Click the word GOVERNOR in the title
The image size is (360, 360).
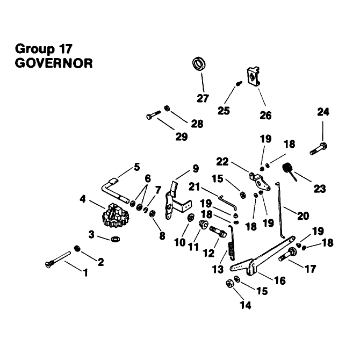point(54,63)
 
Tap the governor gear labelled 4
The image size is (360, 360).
point(116,215)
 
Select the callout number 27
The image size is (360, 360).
point(203,98)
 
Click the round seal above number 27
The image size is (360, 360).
point(199,64)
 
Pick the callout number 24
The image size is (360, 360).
point(323,112)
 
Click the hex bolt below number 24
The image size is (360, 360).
point(319,148)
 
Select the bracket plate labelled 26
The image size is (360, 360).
point(253,77)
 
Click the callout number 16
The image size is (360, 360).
point(280,280)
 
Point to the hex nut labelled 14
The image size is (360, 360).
point(229,284)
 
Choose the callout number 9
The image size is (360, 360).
point(196,169)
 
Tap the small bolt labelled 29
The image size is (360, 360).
point(153,114)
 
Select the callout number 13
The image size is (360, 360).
point(218,269)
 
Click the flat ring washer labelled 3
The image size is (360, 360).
point(116,239)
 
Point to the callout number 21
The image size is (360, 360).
point(194,186)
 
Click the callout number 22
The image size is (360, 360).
point(222,162)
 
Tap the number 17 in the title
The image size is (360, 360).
point(66,49)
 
